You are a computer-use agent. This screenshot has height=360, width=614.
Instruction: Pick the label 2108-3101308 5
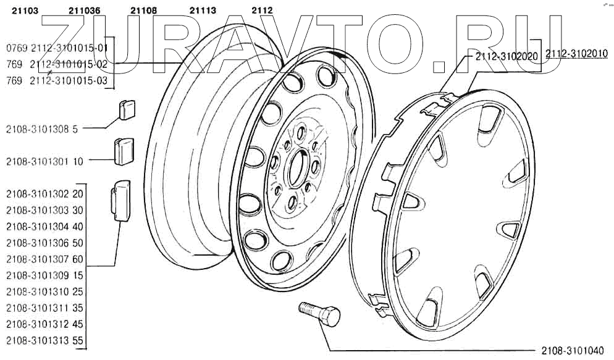click(x=42, y=129)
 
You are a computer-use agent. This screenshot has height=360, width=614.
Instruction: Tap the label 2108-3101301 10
click(x=44, y=162)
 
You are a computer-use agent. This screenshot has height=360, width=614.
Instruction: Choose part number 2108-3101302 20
click(x=44, y=194)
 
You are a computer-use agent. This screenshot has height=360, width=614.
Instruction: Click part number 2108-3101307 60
click(x=44, y=258)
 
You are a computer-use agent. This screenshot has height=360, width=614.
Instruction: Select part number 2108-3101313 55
click(x=44, y=340)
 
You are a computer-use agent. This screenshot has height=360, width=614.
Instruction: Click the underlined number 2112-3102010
click(x=576, y=54)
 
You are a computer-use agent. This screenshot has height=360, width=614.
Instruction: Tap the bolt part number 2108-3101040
click(x=572, y=351)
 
